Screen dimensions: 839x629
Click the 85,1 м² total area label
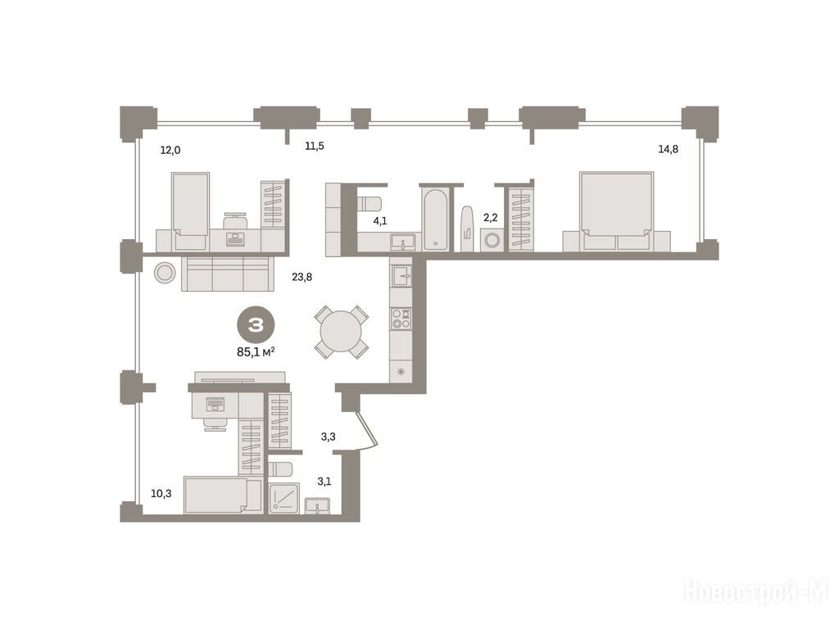(256, 351)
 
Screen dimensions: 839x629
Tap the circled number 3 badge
(256, 324)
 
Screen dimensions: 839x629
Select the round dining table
(341, 332)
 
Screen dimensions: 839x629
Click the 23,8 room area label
(302, 277)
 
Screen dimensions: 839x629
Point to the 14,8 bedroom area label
(668, 149)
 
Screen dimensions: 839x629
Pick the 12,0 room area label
(170, 151)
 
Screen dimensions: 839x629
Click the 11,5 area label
(314, 146)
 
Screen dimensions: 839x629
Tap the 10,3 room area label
(161, 494)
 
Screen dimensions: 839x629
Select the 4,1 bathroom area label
(380, 221)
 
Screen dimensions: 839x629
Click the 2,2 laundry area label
(490, 218)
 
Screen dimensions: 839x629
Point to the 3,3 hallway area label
(328, 437)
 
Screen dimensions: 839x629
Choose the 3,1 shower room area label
(324, 482)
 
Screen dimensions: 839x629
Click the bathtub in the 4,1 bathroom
(436, 219)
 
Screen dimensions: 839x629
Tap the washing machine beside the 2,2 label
(490, 240)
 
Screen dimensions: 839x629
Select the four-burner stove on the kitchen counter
(401, 319)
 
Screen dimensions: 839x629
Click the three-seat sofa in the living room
(228, 274)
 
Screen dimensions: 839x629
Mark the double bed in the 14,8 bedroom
(616, 211)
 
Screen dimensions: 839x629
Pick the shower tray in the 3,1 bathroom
(283, 498)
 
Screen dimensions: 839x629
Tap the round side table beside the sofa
(165, 273)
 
